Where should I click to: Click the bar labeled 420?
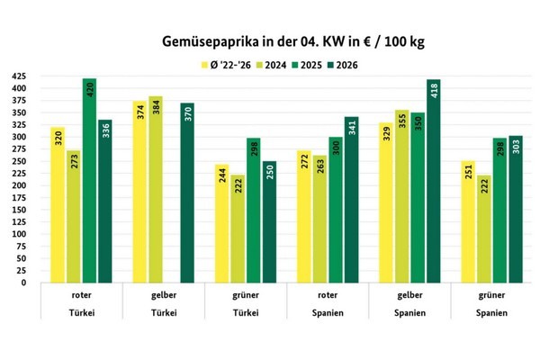[x=89, y=180]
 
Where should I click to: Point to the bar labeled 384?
[x=156, y=189]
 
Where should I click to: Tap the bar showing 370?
[x=187, y=193]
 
